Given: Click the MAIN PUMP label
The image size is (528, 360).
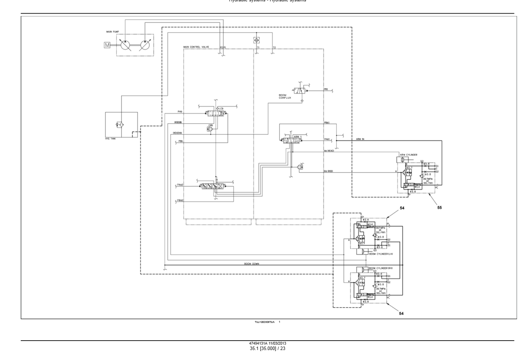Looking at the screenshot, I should coord(113,32).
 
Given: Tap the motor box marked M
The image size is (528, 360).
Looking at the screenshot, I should coord(107,45).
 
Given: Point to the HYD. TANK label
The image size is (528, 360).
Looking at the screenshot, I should coord(110,139).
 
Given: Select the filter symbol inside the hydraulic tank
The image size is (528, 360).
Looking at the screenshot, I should coord(119,125).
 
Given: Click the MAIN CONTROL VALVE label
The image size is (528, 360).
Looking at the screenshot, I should coord(196,47).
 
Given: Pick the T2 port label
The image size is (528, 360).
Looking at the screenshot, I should coord(274,48).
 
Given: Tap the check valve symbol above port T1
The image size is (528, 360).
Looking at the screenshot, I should coord(257,40).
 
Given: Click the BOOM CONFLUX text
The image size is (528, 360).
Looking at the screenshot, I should coord(285,96).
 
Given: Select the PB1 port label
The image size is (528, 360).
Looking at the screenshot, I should coord(326,89).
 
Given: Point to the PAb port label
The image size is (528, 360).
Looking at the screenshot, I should coord(180,111).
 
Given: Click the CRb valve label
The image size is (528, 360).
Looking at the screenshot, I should coord(211,125).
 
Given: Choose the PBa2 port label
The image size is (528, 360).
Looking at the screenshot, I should coord(180,200).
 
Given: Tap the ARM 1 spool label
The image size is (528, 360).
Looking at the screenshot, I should coord(297,137).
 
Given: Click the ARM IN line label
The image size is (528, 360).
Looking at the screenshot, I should coord(360,139).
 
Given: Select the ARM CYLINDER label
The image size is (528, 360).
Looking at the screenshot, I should coord(409,155).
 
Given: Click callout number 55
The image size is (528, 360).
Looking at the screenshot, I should coord(440,208).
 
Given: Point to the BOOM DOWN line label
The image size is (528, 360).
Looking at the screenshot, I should coord(251,264).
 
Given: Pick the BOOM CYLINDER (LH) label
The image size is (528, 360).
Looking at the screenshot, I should coord(381,254).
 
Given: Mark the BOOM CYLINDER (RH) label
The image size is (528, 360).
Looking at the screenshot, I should coord(381,268).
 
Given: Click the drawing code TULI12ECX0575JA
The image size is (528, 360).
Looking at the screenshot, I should coord(265,322).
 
